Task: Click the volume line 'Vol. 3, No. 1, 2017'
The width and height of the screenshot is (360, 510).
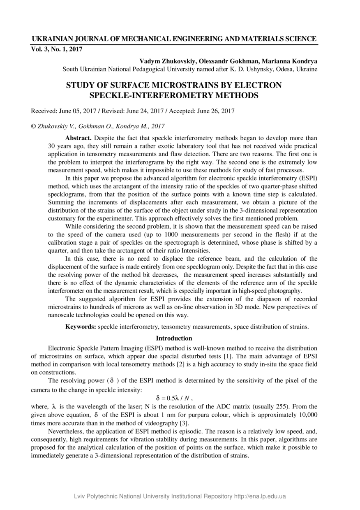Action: pos(57,49)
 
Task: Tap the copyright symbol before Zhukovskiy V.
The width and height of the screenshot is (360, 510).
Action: pos(34,126)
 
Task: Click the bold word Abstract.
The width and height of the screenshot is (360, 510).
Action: pos(78,138)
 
